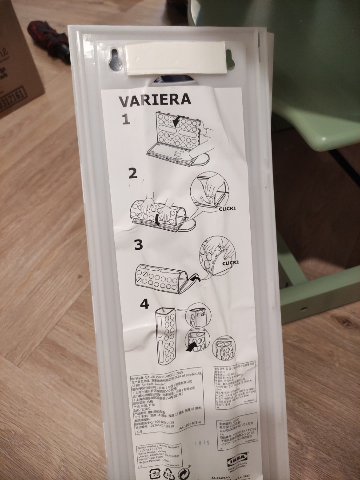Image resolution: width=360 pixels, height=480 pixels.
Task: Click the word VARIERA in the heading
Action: (155, 100)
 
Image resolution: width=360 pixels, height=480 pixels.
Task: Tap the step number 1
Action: (126, 119)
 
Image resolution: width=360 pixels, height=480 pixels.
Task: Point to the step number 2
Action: (132, 173)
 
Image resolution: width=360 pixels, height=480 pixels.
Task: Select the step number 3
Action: (138, 244)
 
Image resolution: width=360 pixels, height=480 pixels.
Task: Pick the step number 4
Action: (144, 304)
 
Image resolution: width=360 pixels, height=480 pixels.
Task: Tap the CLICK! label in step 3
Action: (231, 262)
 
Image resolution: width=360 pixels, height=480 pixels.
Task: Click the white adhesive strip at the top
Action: (176, 58)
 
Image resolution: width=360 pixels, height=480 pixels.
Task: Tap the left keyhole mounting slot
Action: (116, 60)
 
